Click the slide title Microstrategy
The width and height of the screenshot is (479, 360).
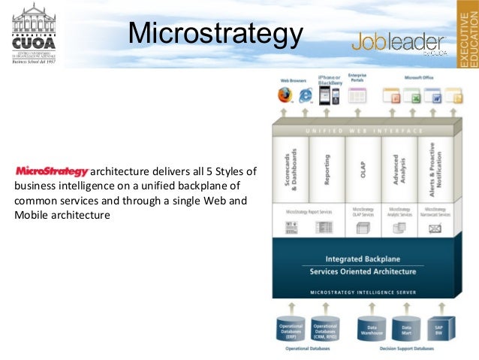point(215,32)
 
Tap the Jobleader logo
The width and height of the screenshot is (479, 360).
point(398,43)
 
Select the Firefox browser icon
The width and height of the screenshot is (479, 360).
point(285,95)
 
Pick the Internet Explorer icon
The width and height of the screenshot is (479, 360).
point(306,95)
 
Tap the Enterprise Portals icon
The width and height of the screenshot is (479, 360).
point(357,95)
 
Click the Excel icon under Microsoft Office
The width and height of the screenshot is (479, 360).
point(411,95)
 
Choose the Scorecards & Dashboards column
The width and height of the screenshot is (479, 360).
point(294,168)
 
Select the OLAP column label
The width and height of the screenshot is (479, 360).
point(362,170)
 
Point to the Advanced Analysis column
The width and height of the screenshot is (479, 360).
point(398,168)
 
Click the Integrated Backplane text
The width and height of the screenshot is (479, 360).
point(363,259)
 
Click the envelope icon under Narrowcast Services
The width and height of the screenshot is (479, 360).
point(434,227)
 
